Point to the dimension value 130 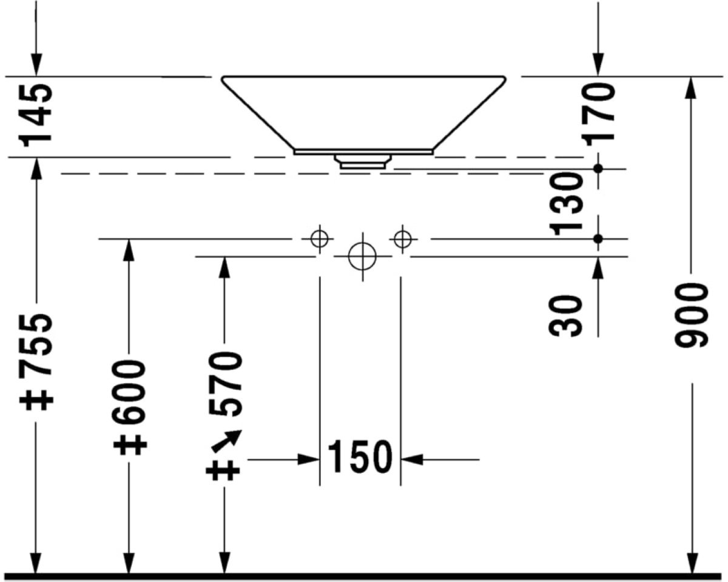pos(567,202)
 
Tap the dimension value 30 pos(567,316)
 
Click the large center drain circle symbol pos(362,256)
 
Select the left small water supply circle pos(319,238)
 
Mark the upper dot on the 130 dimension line pos(598,169)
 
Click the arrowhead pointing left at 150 pos(411,460)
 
